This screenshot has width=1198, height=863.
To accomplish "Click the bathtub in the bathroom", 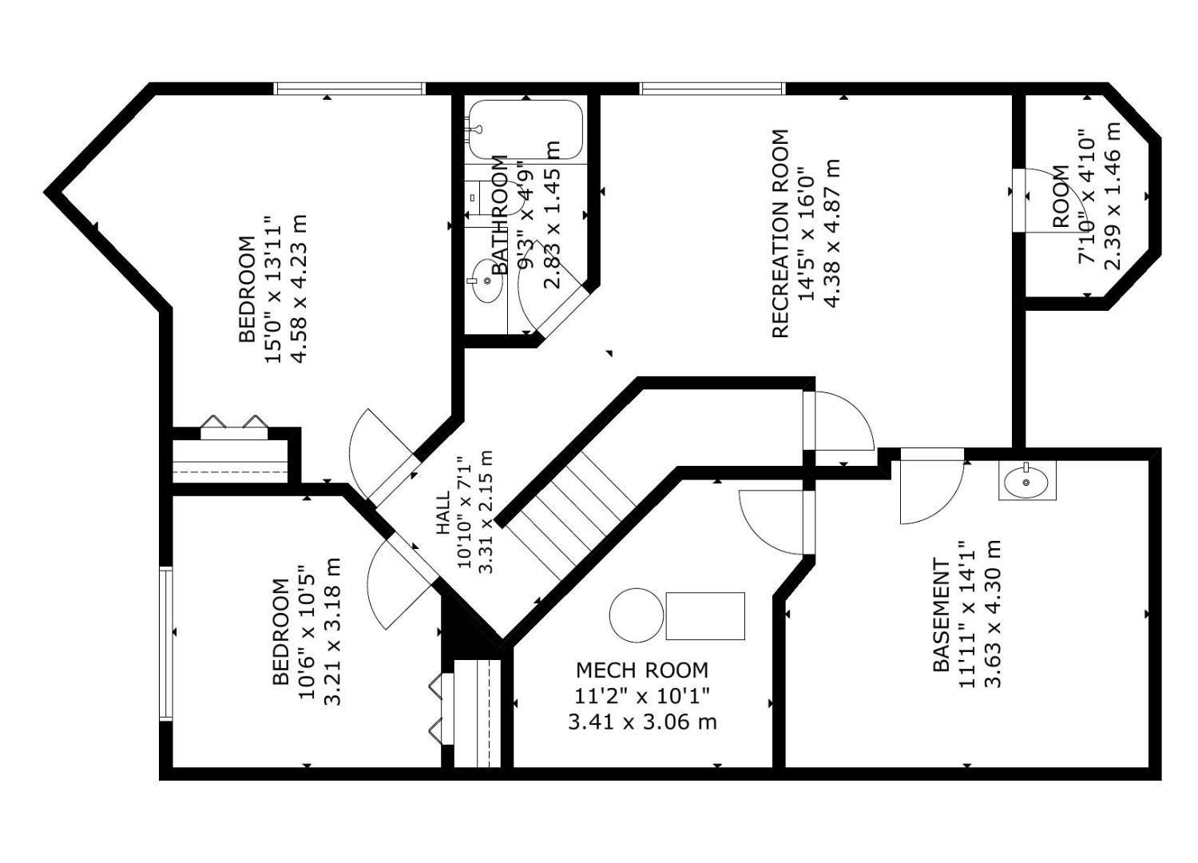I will click(x=526, y=129).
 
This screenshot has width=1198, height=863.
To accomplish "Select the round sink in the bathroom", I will click(x=486, y=281).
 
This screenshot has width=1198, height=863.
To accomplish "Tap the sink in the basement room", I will click(x=1026, y=482).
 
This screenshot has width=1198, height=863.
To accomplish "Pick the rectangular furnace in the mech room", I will click(x=705, y=615).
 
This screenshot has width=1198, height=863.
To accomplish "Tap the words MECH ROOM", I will click(x=641, y=670).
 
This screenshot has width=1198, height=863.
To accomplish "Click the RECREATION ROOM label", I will click(x=780, y=233).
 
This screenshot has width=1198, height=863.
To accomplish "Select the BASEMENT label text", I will click(x=942, y=615).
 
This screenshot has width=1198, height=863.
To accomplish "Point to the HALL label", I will click(x=442, y=512).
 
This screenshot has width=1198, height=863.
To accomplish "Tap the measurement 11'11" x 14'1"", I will click(x=967, y=614).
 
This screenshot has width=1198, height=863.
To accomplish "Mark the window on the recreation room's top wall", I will click(x=712, y=88).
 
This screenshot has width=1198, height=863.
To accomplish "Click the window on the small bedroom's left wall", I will click(x=165, y=643).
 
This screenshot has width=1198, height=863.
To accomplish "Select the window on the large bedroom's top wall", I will click(x=349, y=88).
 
